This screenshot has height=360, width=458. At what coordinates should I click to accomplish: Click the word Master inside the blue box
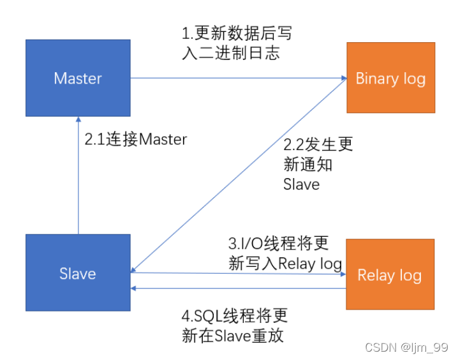click(x=78, y=79)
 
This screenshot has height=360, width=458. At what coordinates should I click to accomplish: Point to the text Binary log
click(x=390, y=79)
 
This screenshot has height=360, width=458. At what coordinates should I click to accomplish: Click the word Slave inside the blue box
click(x=78, y=274)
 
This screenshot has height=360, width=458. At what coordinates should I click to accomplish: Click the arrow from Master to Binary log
click(x=236, y=79)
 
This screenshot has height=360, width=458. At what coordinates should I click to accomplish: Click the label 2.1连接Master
click(x=136, y=139)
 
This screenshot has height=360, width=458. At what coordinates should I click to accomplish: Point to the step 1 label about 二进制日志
click(x=237, y=43)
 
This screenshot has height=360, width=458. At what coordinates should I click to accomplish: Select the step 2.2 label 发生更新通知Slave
click(x=318, y=164)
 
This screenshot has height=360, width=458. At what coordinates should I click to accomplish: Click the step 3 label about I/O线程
click(x=284, y=253)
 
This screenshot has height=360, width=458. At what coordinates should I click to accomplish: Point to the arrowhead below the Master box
click(x=78, y=119)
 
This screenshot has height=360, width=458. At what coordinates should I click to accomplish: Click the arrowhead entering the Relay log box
click(x=343, y=274)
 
